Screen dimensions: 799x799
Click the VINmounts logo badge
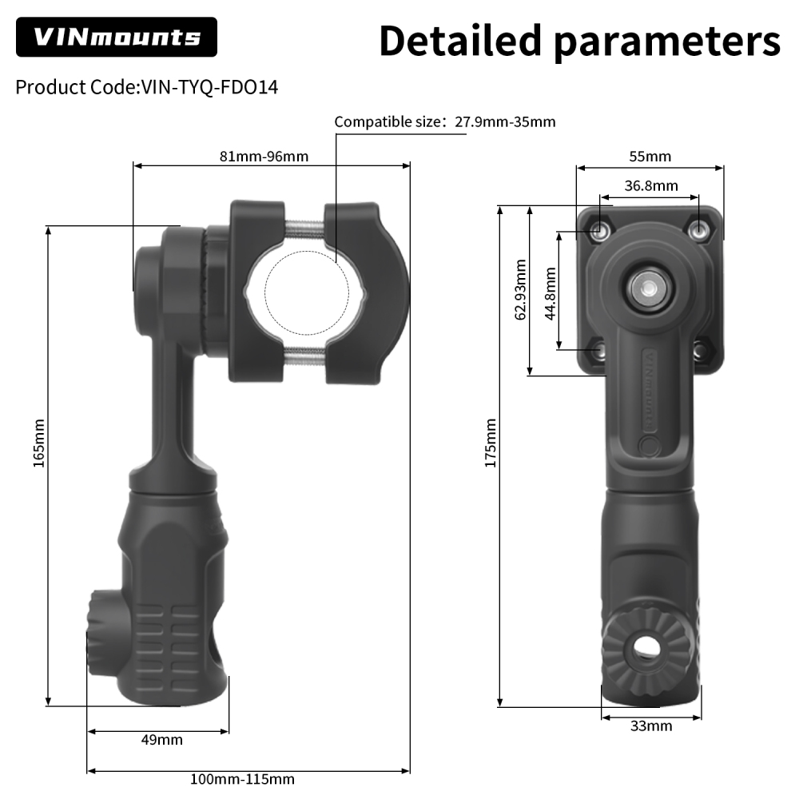click(x=116, y=37)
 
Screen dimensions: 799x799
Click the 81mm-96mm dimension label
click(x=264, y=156)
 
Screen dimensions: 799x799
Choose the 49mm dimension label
click(x=161, y=739)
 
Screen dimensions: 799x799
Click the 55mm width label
click(x=649, y=156)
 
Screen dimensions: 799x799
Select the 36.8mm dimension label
click(x=650, y=185)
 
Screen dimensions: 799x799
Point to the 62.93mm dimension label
click(x=521, y=289)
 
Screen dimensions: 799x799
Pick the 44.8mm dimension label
click(x=550, y=292)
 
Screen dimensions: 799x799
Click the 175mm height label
click(x=491, y=443)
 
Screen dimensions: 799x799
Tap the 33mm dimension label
click(x=650, y=725)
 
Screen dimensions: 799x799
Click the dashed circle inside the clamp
click(x=304, y=292)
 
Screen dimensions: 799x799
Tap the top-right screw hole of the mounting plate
click(x=699, y=231)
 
